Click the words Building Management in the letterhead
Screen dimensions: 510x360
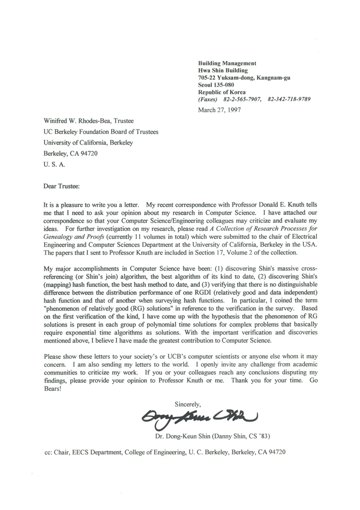227,63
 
